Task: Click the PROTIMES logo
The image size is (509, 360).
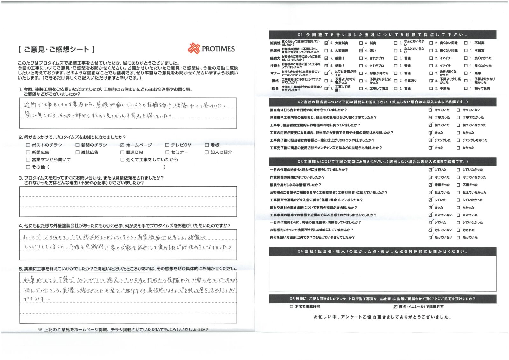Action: (211, 49)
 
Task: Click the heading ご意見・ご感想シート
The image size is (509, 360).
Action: (56, 49)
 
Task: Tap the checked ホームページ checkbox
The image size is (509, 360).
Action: (122, 145)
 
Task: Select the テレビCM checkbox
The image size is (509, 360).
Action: (167, 145)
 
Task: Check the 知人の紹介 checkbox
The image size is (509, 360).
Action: (206, 152)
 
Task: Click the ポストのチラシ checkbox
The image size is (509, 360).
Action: (28, 145)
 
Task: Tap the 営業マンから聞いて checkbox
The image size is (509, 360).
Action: (28, 159)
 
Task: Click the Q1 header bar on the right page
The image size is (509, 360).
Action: (382, 34)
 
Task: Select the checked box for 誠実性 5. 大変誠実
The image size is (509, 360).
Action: (326, 43)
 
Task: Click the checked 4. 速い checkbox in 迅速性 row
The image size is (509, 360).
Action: (361, 50)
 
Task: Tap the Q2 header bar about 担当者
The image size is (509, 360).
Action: (382, 102)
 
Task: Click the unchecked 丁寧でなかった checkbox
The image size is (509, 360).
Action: (458, 117)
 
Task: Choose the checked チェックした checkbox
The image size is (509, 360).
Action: (430, 140)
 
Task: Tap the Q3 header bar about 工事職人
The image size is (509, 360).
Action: (382, 161)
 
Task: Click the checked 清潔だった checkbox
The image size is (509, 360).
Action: (430, 185)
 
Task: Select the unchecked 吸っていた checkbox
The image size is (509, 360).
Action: (458, 237)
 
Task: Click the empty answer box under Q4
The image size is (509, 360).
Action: (382, 273)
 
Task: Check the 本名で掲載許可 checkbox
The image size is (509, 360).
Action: (291, 307)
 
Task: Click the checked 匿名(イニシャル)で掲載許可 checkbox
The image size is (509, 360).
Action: (395, 307)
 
